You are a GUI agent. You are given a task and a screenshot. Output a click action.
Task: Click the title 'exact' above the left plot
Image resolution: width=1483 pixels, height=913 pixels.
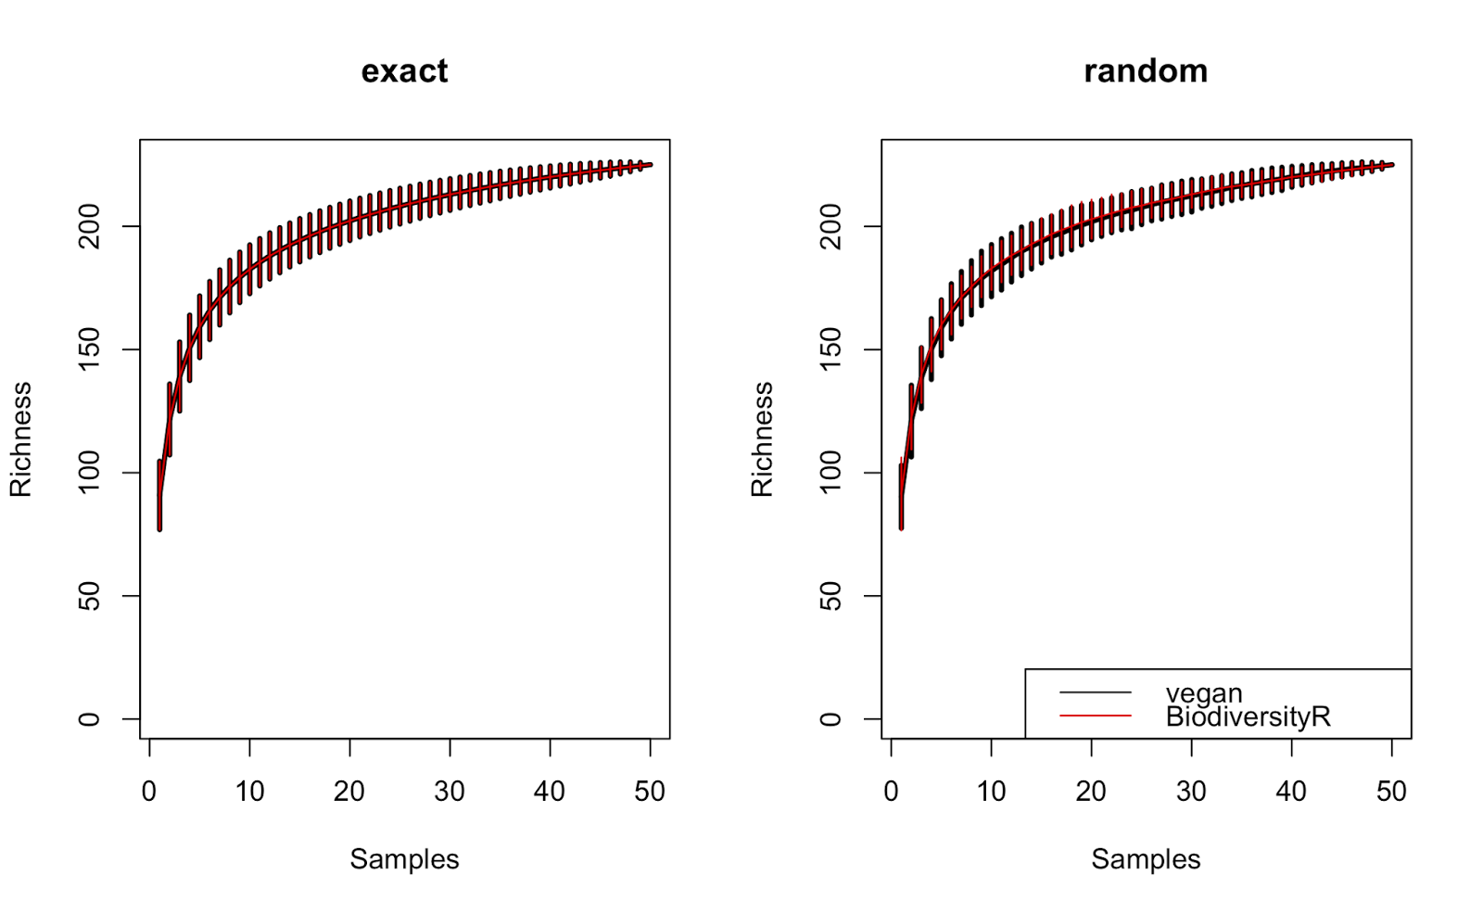404,71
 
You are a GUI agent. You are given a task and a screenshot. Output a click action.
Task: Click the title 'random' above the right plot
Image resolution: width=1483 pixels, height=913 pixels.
1146,71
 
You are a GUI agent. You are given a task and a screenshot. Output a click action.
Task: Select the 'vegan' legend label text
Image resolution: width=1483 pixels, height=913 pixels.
1203,693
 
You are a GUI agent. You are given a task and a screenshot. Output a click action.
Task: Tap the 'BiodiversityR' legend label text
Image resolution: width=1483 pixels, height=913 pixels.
1248,716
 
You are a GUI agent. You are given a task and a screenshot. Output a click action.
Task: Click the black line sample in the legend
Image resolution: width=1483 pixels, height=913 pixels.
1096,692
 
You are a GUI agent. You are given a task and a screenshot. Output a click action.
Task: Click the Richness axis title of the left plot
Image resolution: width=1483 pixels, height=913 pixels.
20,439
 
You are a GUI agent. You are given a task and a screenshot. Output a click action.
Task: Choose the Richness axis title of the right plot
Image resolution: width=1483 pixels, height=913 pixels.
762,439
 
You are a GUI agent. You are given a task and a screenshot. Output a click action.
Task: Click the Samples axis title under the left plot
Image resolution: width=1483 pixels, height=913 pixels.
404,859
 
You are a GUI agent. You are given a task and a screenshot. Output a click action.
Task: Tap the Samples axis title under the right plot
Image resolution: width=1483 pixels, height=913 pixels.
1146,859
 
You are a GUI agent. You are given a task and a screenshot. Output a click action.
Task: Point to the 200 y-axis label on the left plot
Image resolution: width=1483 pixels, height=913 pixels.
89,226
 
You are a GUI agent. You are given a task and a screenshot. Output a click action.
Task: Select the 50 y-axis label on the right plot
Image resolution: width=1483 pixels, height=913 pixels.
830,596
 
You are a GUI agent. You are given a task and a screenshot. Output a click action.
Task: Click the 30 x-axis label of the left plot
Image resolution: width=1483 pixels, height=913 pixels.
450,792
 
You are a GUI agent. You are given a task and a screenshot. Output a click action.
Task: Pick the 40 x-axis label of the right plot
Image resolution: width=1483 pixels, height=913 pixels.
1291,792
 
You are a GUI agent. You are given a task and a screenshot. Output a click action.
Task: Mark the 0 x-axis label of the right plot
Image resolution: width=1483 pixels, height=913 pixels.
891,792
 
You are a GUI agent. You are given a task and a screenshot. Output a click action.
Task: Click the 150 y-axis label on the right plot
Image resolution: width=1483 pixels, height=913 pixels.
830,349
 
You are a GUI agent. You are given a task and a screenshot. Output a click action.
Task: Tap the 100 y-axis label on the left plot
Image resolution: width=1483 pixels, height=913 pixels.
89,473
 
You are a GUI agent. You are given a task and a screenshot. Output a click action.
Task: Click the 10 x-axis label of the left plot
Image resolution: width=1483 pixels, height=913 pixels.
249,792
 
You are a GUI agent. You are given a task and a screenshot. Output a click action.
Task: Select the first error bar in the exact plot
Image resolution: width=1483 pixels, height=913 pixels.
159,495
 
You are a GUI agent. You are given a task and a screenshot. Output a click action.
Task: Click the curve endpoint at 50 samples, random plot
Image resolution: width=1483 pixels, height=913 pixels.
1391,165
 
